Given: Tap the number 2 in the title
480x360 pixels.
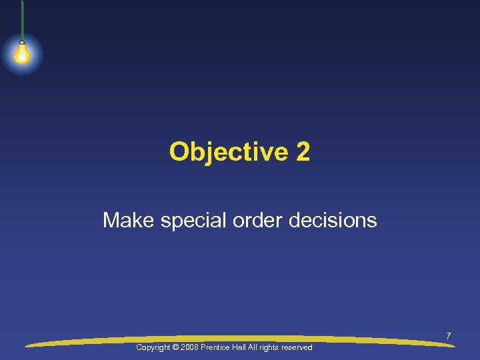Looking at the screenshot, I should [303, 152].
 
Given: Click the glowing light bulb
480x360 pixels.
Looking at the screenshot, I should [22, 54].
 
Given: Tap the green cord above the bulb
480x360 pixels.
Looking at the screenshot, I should [22, 20].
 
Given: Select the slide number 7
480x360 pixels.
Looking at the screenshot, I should [449, 336].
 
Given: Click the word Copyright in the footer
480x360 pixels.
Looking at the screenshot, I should [153, 347].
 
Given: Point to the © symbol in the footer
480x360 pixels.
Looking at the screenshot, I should [175, 347].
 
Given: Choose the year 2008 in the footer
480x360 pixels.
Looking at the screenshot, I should [189, 347].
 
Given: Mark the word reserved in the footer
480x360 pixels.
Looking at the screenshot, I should [297, 347].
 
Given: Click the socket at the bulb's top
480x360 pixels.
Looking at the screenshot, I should [22, 43].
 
